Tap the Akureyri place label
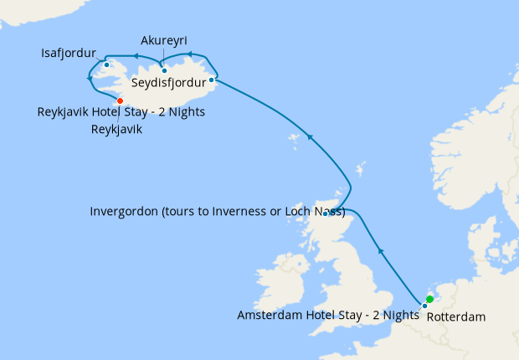point(164,39)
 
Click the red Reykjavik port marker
point(120,101)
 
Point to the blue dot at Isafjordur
point(107,64)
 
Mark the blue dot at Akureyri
point(164,70)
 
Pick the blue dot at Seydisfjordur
point(212,80)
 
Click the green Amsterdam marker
point(429,299)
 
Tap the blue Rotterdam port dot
point(424,306)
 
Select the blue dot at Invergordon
point(326,213)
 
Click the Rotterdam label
point(455,318)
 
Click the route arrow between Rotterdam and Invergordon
point(381,249)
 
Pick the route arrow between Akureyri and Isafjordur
point(134,58)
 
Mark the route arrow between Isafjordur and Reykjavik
point(90,80)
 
